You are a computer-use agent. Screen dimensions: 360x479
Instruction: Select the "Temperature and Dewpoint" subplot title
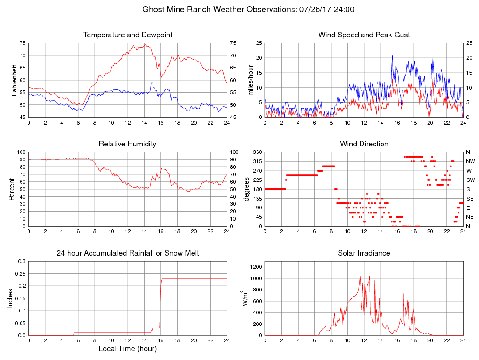coord(128,35)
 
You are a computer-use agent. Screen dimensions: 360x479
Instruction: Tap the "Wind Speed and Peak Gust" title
coord(364,35)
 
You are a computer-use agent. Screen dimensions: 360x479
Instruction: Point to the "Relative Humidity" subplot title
coord(128,144)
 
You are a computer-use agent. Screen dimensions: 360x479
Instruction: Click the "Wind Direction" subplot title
coord(364,144)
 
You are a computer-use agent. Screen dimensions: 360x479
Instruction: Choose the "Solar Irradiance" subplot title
coord(364,253)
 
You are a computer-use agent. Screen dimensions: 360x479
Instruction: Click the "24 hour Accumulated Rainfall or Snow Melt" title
coord(128,253)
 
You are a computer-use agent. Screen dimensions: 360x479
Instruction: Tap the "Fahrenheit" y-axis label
coord(14,80)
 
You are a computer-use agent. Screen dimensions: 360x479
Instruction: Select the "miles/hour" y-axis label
coord(250,80)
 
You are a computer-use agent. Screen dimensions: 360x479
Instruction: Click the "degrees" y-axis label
coord(247,189)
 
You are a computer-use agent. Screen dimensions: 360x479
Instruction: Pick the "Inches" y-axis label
coord(11,298)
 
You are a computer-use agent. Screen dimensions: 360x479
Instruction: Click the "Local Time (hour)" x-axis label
coord(128,348)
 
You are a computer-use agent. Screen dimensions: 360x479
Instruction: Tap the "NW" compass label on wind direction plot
coord(470,161)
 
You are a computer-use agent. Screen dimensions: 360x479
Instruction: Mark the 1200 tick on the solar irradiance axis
coord(256,267)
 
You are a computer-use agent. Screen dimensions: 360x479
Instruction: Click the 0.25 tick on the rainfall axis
coord(20,273)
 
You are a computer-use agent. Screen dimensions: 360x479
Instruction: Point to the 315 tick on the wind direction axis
coord(257,161)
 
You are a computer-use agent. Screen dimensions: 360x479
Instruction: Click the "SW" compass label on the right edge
coord(470,180)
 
